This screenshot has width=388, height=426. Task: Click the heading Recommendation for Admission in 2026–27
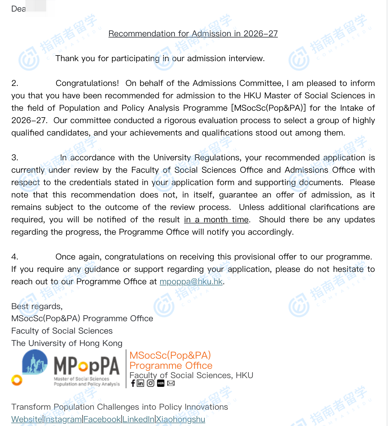pos(193,34)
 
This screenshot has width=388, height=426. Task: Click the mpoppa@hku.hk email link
pos(191,281)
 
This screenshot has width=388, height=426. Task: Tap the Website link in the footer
pos(27,419)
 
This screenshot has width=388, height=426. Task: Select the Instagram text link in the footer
pos(63,419)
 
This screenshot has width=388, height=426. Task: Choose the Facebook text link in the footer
pos(102,419)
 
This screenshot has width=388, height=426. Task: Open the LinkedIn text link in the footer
pos(138,419)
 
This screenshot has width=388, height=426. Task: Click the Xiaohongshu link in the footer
pos(180,419)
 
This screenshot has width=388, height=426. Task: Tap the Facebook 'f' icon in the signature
pos(133,383)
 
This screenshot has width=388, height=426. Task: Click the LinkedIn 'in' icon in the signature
pos(140,383)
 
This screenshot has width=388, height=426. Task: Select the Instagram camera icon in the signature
pos(151,383)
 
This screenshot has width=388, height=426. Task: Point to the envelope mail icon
pos(171,383)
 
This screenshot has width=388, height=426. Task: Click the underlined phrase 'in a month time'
pos(216,219)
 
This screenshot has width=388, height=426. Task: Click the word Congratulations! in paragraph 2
pos(87,83)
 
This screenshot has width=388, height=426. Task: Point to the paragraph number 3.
pos(15,157)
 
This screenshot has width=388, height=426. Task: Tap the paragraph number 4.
pos(15,257)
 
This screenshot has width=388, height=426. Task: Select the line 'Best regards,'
pos(37,306)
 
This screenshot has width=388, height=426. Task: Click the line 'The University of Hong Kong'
pos(67,343)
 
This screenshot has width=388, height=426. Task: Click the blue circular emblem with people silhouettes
pos(35,362)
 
